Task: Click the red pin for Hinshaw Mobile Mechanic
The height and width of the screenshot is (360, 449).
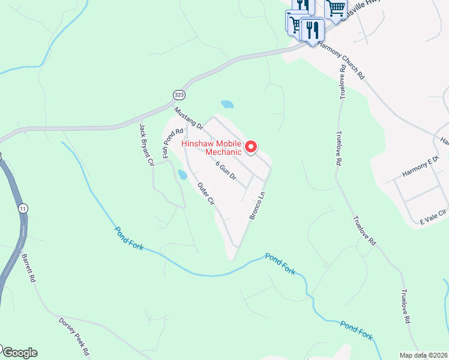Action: coord(251,146)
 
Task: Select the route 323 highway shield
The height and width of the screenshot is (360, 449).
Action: coord(179,95)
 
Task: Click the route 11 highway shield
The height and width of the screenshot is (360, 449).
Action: coord(23,208)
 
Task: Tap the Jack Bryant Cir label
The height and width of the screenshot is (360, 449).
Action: coord(147,140)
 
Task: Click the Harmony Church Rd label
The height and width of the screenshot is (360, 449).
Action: coord(342,61)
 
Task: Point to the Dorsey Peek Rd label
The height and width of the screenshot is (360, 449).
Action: coord(74,337)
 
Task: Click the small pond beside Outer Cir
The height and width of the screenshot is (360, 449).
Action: coord(182,175)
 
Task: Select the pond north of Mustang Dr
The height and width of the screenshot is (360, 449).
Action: coord(228,104)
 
